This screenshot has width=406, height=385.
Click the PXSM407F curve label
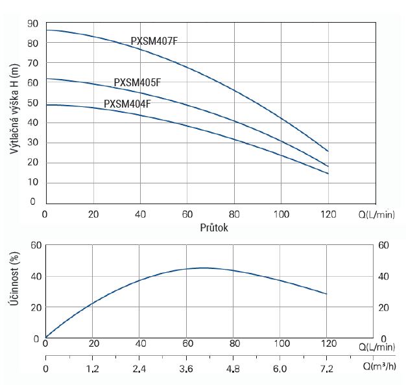(x=154, y=41)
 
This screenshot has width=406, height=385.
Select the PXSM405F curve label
(x=137, y=82)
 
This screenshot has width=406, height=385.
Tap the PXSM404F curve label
(x=127, y=104)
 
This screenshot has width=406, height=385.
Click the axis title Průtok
(x=214, y=228)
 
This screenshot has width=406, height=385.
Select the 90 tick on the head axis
(x=32, y=23)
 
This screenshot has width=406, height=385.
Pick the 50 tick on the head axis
(x=32, y=103)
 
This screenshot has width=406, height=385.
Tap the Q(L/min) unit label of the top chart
(x=376, y=215)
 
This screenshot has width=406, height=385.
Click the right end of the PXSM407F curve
(x=328, y=151)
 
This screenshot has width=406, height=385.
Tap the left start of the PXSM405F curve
(x=46, y=79)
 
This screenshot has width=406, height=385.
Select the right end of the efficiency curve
(x=328, y=294)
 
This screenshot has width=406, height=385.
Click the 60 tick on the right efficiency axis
(x=383, y=245)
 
